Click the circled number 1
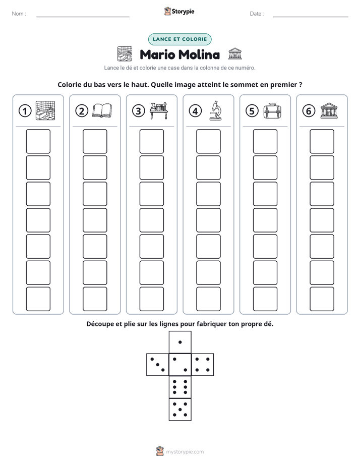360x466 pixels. tap(25, 111)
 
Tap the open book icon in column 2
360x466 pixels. tap(102, 110)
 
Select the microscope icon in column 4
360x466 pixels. tap(215, 110)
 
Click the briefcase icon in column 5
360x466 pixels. tap(272, 111)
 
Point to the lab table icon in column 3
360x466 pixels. tap(159, 110)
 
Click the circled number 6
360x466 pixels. tap(309, 111)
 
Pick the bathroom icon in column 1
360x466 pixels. tap(45, 110)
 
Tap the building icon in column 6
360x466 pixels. tap(329, 111)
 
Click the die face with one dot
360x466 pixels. tap(180, 342)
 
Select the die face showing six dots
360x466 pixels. tap(180, 387)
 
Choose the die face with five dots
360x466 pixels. tap(180, 410)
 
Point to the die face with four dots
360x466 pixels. tap(203, 365)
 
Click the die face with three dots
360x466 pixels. tap(158, 365)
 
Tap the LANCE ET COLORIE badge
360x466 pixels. tap(179, 39)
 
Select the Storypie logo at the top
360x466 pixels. tap(179, 11)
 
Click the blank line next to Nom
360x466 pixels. tap(83, 17)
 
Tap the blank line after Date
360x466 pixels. tap(311, 17)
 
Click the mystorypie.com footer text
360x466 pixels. tap(185, 452)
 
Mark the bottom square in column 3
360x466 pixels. tap(152, 299)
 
